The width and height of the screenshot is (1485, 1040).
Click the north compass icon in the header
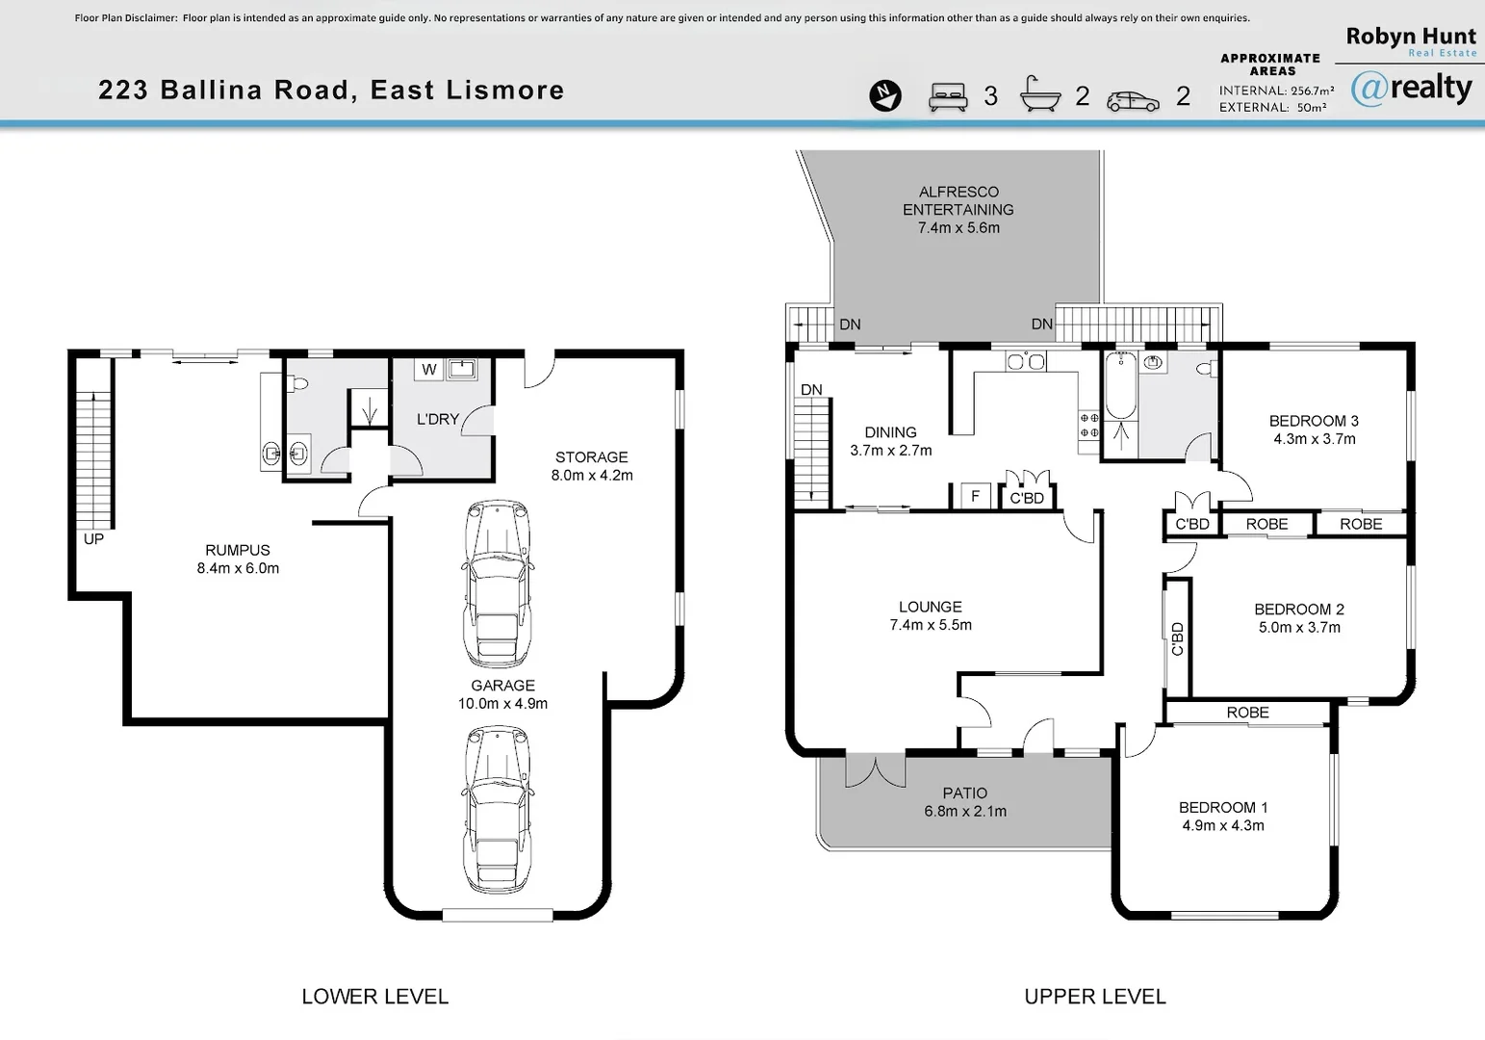pos(885,95)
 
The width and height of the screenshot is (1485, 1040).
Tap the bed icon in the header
pos(948,96)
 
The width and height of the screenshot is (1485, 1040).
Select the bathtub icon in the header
pos(1040,94)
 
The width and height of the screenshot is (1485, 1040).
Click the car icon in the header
pos(1133,100)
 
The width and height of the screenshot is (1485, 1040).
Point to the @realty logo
pos(1411,89)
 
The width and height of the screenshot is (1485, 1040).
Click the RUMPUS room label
pos(238,559)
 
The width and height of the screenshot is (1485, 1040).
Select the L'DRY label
pos(438,419)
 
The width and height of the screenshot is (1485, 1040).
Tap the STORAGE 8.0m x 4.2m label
pos(592,466)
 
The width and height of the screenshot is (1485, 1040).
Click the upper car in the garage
pos(498,584)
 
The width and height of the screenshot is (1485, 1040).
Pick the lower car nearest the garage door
pos(498,810)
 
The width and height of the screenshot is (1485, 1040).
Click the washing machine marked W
pos(429,369)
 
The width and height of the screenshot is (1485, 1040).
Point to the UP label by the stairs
pos(93,539)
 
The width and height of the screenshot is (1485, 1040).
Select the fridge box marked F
pos(975,496)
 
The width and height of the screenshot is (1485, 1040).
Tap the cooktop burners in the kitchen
pos(1089,426)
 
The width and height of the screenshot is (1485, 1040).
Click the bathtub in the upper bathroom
pos(1120,387)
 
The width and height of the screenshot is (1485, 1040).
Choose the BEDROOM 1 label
pos(1223,816)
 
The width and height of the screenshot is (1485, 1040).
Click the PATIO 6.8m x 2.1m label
pos(965,802)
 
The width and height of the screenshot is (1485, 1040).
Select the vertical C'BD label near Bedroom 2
pos(1177,638)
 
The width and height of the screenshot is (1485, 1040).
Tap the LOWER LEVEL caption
pos(375,997)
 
